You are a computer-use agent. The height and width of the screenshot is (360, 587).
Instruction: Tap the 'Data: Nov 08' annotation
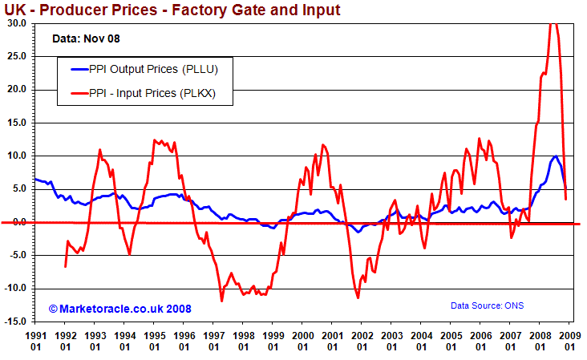(86, 38)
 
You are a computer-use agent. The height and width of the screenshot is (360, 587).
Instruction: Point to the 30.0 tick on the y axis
(16, 23)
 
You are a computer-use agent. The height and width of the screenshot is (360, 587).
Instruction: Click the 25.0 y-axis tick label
(16, 56)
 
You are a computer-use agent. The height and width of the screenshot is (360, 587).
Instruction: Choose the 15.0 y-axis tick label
(16, 123)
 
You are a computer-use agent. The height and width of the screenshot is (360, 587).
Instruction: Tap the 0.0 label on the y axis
(18, 222)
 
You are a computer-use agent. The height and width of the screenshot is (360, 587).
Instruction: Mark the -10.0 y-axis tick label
(14, 289)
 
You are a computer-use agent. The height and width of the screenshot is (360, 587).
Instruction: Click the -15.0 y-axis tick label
(14, 322)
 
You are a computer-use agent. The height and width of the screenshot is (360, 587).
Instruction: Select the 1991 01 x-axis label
(36, 341)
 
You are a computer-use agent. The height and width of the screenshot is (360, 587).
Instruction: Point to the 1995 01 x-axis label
(154, 341)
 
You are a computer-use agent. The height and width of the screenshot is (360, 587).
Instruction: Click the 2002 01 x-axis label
(362, 341)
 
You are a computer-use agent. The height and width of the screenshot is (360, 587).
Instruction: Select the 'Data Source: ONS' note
(488, 305)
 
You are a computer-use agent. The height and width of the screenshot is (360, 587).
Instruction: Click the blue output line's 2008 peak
(555, 156)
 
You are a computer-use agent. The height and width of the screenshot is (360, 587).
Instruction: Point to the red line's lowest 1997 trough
(222, 301)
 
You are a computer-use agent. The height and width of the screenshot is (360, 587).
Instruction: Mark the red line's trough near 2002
(358, 298)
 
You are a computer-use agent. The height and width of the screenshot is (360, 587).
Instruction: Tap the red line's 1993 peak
(99, 150)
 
